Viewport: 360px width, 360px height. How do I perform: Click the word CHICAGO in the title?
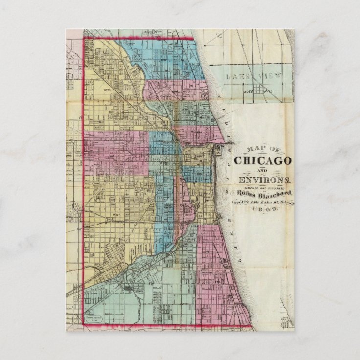pyautogui.click(x=263, y=160)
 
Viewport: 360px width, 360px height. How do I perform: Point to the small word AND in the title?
pyautogui.click(x=263, y=170)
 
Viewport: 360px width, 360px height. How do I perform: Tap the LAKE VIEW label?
pyautogui.click(x=246, y=76)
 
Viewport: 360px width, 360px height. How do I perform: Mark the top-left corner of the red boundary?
pyautogui.click(x=83, y=38)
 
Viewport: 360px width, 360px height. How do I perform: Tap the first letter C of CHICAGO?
pyautogui.click(x=238, y=160)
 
